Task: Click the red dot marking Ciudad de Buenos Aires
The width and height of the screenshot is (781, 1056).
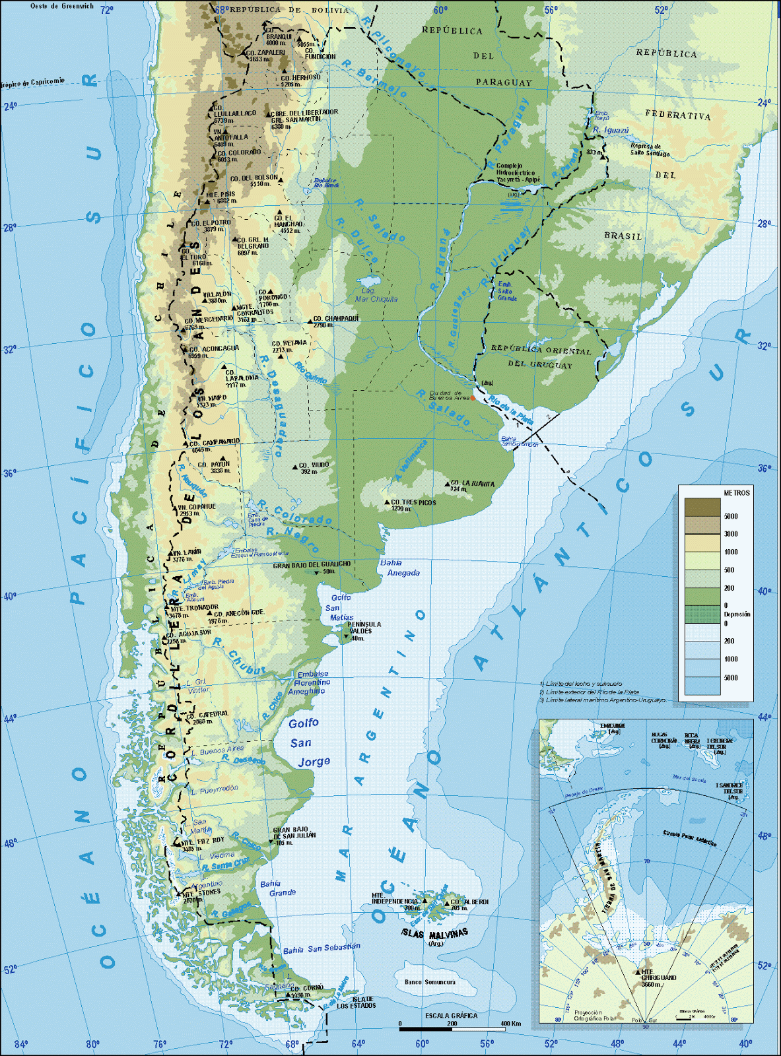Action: coord(473,398)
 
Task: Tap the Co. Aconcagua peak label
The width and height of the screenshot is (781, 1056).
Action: coord(214,348)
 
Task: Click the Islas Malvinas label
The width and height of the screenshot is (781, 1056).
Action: coord(434,933)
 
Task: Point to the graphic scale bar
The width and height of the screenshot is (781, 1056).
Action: coord(452,1028)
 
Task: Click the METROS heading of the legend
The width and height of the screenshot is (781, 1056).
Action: coord(736,493)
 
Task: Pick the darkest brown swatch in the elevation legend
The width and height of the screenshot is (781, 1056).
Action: coord(702,507)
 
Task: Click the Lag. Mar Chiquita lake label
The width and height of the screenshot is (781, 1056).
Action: coord(376,295)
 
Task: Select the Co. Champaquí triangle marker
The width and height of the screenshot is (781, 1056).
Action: coord(310,321)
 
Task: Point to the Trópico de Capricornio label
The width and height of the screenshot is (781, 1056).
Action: coord(33,82)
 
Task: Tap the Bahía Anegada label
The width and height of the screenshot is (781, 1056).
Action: coord(399,568)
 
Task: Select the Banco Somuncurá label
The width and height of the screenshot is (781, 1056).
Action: coord(430,982)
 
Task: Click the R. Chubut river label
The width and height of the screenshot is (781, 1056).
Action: coord(238,656)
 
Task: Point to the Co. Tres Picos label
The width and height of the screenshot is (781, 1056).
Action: coord(413,503)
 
